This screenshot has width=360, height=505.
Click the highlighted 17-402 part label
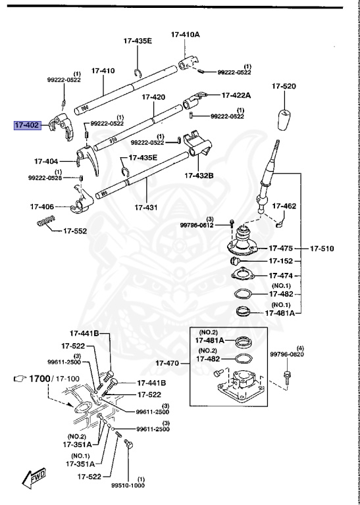[28, 124]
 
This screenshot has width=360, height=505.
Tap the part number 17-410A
[186, 34]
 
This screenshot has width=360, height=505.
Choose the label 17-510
[322, 249]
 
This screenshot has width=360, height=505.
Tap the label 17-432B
[200, 176]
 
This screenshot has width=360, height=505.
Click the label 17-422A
[236, 95]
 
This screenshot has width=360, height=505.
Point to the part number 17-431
[147, 207]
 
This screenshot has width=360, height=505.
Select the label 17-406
[42, 206]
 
